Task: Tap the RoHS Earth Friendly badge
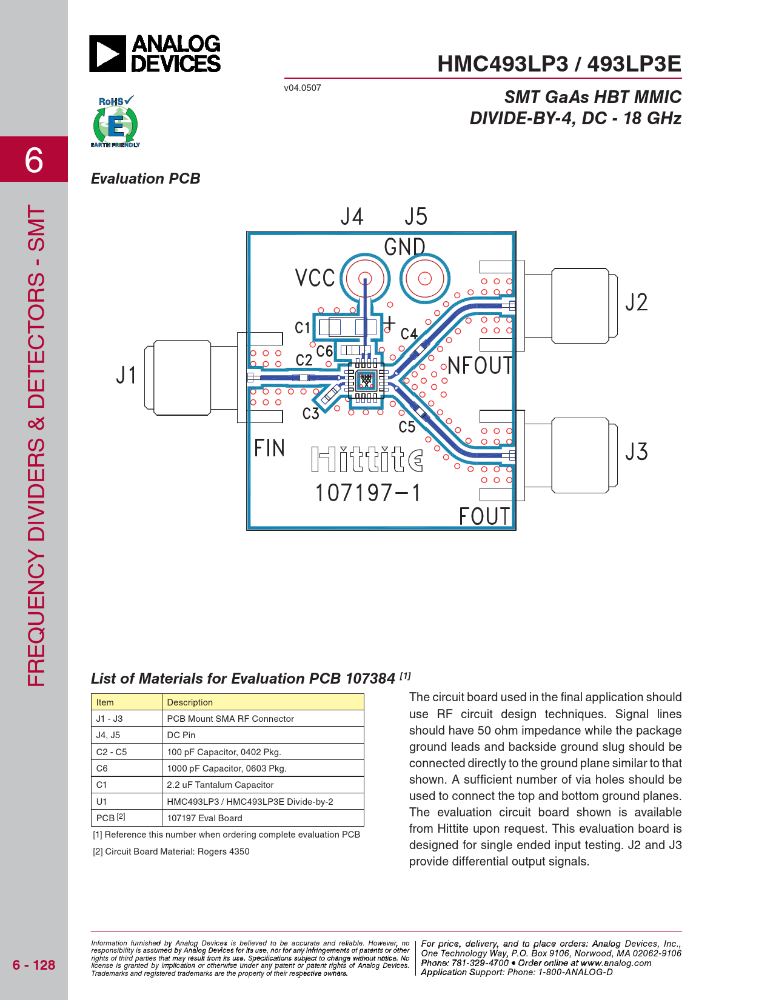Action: coord(115,122)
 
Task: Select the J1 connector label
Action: coord(126,375)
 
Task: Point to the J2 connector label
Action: coord(636,302)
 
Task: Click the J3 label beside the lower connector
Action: coord(636,452)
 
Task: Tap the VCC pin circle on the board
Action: coord(365,279)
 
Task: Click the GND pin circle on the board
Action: coord(424,278)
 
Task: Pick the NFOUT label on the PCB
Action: coord(480,366)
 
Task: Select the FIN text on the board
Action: coord(269,448)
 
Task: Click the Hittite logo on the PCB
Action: coord(367,459)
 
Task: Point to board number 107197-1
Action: coord(367,493)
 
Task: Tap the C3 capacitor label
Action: coord(311,414)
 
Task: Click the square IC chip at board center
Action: coord(366,380)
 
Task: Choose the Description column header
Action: coord(190,702)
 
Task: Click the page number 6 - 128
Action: coord(33,965)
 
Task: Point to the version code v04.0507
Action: coord(303,88)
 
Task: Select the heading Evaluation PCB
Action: coord(146,179)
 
